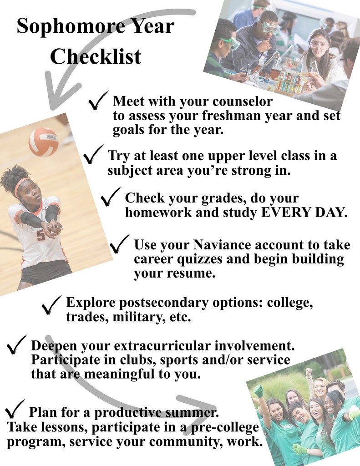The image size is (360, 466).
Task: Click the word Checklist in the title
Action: coord(96,57)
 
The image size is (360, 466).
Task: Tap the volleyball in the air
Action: coord(44,142)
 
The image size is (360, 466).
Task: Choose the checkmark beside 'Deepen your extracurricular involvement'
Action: coord(16,344)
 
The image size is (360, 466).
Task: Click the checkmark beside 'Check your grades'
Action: coord(110,197)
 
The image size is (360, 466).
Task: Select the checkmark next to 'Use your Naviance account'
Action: coord(120,244)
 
